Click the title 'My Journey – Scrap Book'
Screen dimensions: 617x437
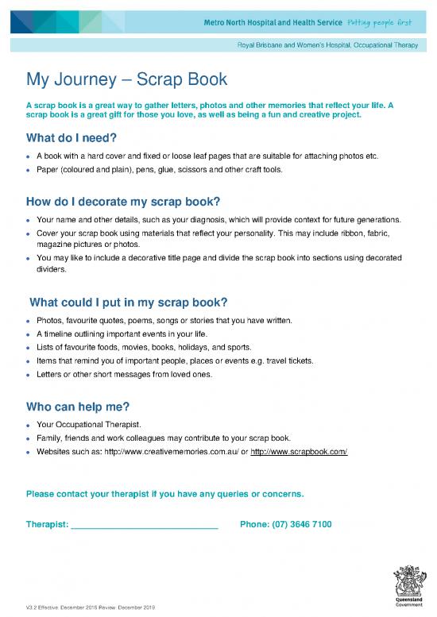pos(127,80)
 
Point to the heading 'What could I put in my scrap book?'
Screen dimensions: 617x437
pos(129,302)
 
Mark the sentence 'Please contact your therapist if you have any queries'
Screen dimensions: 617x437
pos(164,494)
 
